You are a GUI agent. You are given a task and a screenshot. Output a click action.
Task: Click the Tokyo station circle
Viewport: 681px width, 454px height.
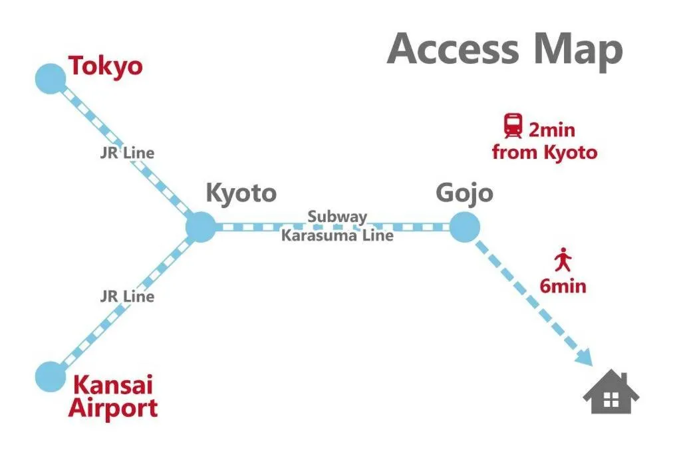click(51, 78)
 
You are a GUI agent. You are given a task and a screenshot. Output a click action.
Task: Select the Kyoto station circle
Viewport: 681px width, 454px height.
click(201, 227)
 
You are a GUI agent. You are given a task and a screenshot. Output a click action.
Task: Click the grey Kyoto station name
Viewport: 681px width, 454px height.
click(241, 193)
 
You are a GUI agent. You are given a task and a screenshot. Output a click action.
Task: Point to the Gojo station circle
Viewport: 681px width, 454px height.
click(464, 227)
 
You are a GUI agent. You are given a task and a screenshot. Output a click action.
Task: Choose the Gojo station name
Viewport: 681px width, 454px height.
click(464, 193)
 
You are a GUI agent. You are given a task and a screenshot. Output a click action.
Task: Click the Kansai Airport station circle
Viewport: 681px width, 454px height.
click(51, 377)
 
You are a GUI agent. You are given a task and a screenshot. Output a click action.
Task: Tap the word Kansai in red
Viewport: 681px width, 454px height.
click(113, 385)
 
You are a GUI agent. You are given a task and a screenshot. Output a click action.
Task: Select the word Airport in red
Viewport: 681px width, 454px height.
click(113, 408)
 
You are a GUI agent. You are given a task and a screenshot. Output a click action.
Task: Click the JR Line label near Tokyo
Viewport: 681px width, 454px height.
click(127, 153)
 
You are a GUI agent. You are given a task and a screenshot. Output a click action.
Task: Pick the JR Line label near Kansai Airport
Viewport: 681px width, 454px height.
click(127, 296)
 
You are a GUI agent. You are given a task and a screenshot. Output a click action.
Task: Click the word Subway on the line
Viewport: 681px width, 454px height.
click(337, 217)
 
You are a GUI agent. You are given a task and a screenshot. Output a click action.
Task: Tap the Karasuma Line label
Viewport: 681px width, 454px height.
click(337, 236)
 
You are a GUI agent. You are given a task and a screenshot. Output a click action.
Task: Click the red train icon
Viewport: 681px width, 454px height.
click(513, 126)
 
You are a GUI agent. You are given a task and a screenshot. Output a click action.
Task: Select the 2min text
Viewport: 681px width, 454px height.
click(551, 130)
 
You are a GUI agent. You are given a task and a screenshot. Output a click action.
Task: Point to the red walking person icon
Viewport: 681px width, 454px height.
click(563, 259)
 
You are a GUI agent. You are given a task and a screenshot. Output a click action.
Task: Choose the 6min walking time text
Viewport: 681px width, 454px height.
click(563, 286)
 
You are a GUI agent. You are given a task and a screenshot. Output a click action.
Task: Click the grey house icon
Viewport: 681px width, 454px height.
click(611, 392)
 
